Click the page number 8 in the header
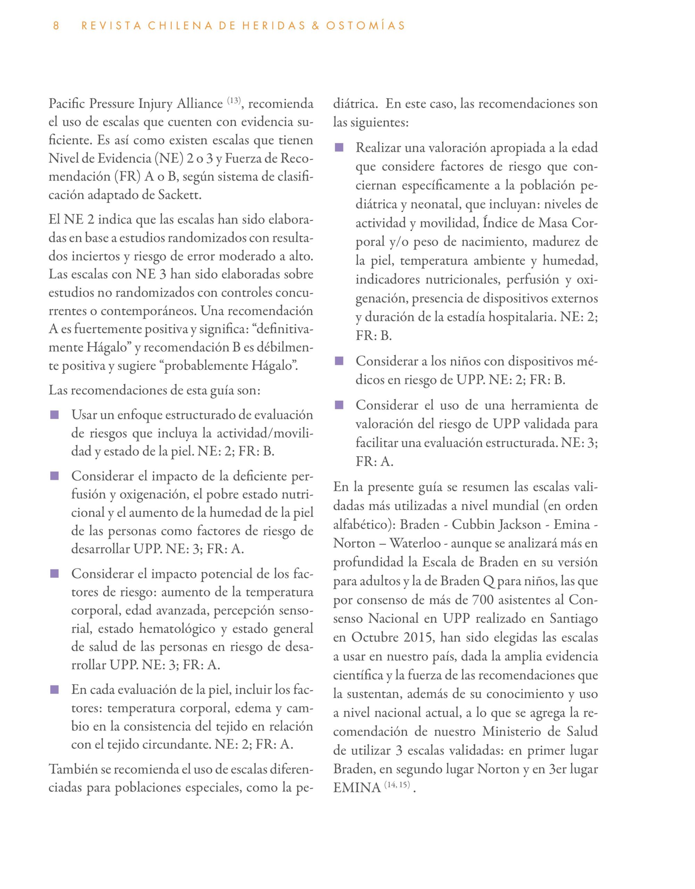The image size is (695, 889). point(56,26)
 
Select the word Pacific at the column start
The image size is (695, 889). point(67,104)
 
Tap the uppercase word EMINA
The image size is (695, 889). point(357,788)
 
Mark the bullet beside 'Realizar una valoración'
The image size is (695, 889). point(339,147)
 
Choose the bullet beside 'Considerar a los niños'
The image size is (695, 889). point(339,361)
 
